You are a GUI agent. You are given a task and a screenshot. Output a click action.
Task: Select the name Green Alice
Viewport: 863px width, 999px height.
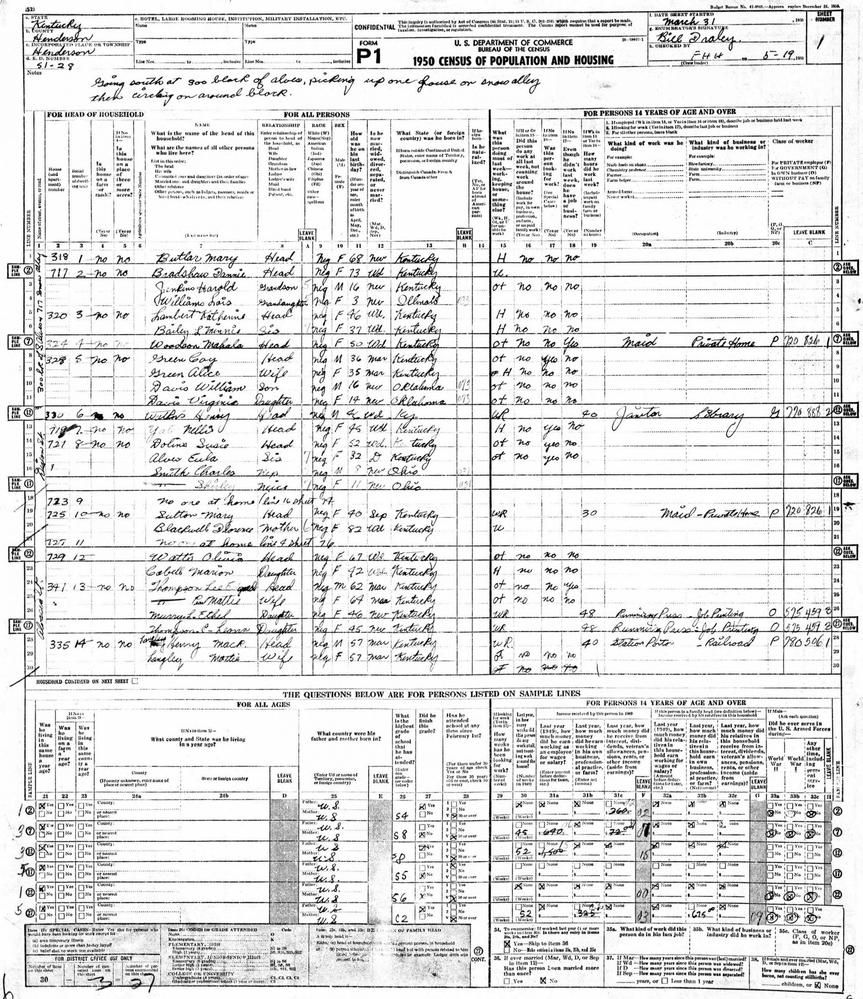[x=186, y=373]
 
